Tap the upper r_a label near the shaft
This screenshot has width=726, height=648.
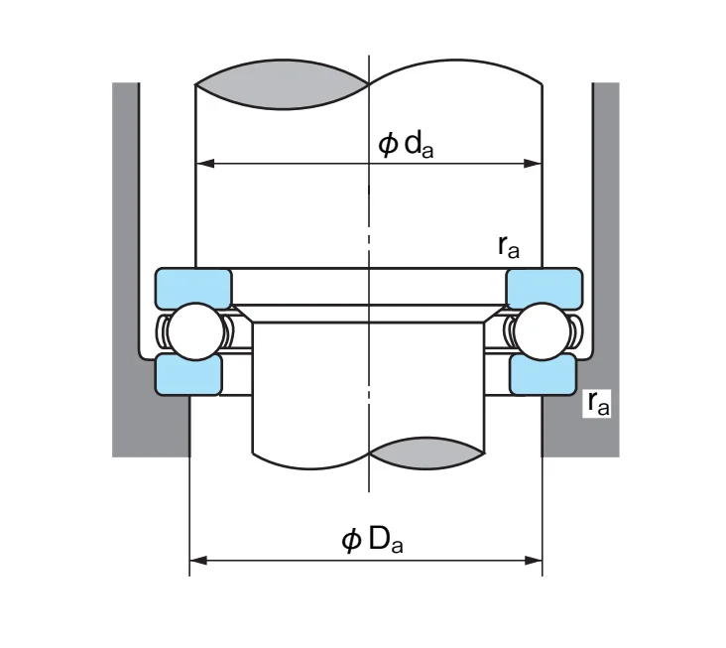[x=509, y=246]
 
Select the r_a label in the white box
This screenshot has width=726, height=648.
[x=598, y=403]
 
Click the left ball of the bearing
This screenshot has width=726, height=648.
[x=195, y=331]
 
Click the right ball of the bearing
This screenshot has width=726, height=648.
[x=543, y=331]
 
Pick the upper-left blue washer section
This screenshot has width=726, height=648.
[x=193, y=288]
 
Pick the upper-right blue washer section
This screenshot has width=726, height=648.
[x=544, y=288]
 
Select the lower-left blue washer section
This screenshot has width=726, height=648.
[x=188, y=375]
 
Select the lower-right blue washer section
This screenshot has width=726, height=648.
[x=544, y=375]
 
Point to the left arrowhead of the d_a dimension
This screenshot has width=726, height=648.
[x=205, y=164]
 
